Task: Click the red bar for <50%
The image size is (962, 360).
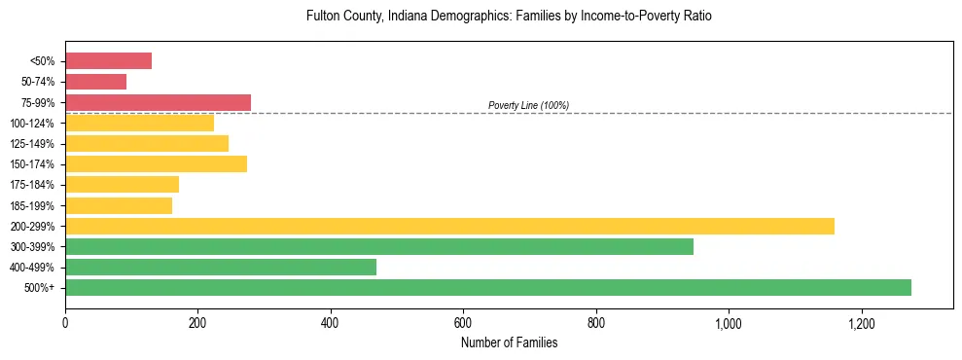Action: tap(108, 61)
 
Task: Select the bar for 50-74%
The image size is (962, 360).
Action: tap(95, 82)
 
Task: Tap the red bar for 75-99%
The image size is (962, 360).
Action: tap(158, 102)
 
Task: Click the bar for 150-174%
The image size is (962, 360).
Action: tap(156, 163)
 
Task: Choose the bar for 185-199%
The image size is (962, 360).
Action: tap(119, 205)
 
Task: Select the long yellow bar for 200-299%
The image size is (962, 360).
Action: tap(449, 226)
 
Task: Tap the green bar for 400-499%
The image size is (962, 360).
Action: tap(221, 267)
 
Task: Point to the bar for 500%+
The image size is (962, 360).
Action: tap(488, 287)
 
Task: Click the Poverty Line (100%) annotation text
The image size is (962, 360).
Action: tap(528, 105)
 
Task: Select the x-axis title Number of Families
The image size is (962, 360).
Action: tap(509, 342)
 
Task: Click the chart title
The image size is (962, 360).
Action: tap(509, 17)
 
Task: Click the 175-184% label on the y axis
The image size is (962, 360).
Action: tap(32, 185)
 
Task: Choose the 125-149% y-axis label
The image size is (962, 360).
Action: tap(32, 144)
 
